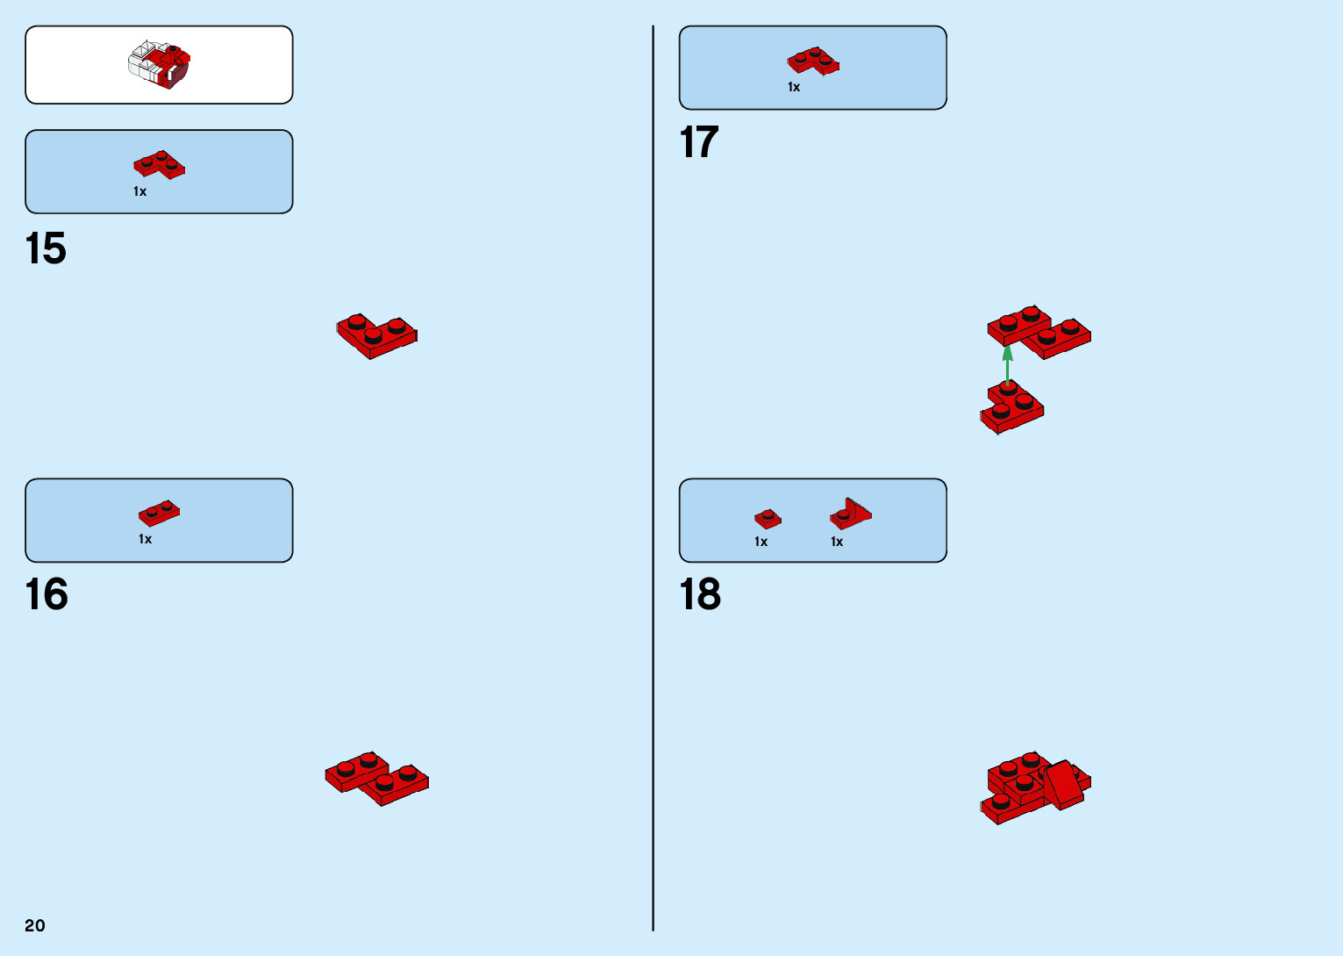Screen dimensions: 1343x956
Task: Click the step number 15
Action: (46, 248)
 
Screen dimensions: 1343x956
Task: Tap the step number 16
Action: (46, 594)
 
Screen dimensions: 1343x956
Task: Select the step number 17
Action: (699, 142)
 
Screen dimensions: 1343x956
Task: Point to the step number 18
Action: (700, 594)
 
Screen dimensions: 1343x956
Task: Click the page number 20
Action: (35, 925)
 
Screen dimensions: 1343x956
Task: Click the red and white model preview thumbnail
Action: (160, 65)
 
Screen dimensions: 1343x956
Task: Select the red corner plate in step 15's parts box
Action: (159, 164)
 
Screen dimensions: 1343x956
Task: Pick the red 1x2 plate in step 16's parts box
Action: (159, 513)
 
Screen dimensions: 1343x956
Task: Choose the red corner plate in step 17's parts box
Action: (813, 61)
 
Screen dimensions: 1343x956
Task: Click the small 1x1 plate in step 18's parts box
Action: (768, 518)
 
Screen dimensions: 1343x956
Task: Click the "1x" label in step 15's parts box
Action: (140, 191)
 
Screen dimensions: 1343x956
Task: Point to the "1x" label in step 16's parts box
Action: (146, 539)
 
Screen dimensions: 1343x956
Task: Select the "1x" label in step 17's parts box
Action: (794, 87)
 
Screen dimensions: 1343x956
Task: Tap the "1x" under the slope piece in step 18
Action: (837, 542)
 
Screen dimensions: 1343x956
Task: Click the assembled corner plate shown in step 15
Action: (376, 335)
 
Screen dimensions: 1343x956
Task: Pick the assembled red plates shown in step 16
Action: (376, 778)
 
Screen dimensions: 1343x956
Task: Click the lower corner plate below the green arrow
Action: (1012, 406)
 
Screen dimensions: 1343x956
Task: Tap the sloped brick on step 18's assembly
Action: (1062, 783)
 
